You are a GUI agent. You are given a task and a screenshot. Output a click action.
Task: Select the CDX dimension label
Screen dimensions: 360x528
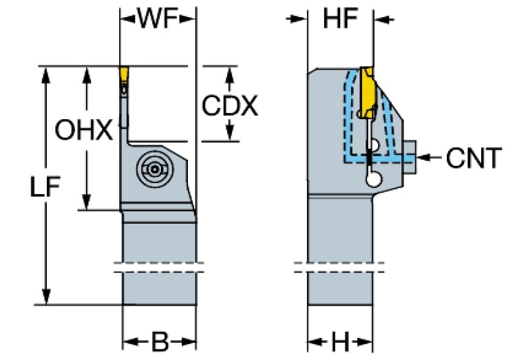tap(230, 105)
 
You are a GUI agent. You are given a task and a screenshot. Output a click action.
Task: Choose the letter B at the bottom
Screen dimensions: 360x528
tap(160, 342)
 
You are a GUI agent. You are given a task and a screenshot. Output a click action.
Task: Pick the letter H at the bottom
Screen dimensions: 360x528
tap(340, 342)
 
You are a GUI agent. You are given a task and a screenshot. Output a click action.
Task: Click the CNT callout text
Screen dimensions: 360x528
tap(473, 158)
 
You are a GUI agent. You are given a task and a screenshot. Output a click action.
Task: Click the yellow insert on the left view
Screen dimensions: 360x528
tap(125, 74)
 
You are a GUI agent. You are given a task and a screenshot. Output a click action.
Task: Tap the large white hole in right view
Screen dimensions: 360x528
tap(374, 179)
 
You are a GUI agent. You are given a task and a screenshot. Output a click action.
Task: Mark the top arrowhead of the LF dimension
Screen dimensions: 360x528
tap(47, 72)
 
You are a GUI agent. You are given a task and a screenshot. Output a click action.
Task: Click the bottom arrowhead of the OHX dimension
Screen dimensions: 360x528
tap(86, 204)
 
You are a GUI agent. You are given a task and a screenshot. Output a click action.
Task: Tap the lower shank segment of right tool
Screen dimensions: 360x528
tap(341, 289)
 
